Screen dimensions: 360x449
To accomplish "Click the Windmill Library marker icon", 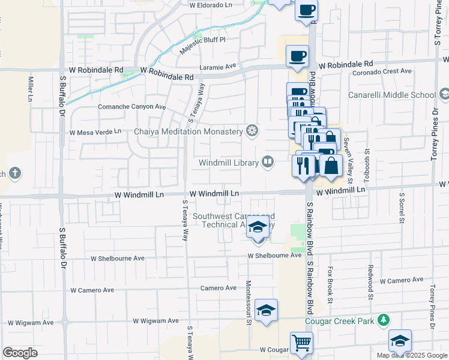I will click(268, 161).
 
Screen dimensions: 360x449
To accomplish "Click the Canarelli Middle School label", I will click(392, 95).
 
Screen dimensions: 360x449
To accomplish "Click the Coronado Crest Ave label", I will click(382, 71).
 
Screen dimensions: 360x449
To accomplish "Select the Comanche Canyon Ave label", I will click(132, 107).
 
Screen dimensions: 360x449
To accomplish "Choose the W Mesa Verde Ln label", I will click(95, 132).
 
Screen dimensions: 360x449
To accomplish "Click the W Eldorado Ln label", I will click(210, 5).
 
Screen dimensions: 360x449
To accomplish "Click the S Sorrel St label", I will click(400, 208).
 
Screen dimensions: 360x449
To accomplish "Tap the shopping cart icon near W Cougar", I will click(301, 343).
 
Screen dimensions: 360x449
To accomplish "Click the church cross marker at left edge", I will click(14, 174).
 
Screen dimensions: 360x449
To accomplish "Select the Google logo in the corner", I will click(20, 353).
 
